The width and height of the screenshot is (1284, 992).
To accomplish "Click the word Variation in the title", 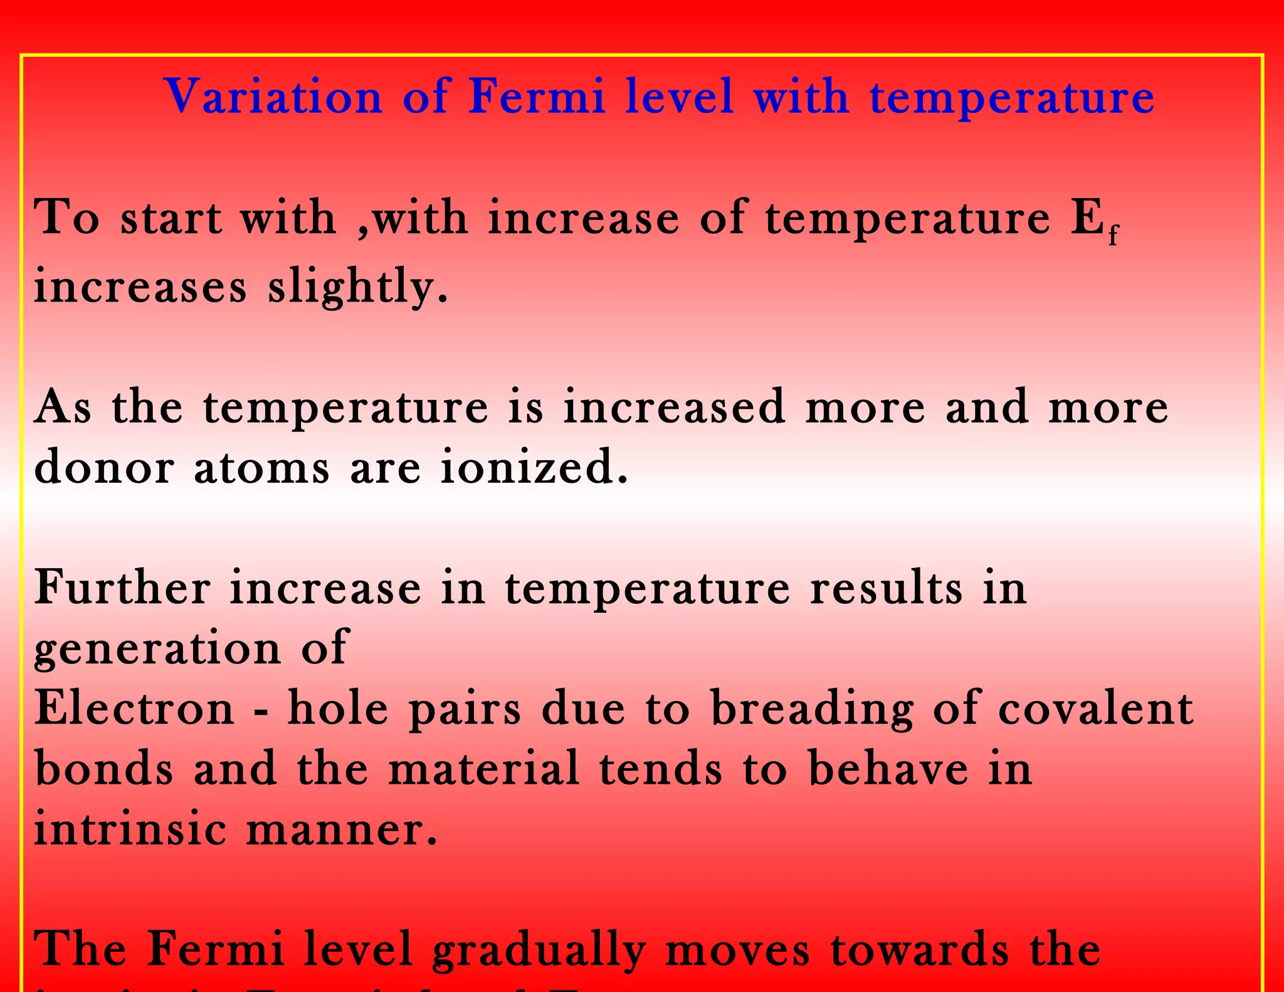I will click(273, 97).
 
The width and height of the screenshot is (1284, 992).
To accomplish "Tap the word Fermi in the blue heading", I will click(537, 97).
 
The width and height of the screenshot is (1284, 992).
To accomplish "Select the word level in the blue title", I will click(680, 97).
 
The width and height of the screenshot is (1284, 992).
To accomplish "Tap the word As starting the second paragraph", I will click(63, 408).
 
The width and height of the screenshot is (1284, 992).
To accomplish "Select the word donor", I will click(103, 468).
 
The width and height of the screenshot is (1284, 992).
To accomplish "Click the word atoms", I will click(261, 468).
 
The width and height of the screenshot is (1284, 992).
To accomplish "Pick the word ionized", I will click(534, 468).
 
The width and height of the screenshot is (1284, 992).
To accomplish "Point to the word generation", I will click(157, 649).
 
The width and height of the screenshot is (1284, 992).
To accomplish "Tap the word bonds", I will click(103, 769).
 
